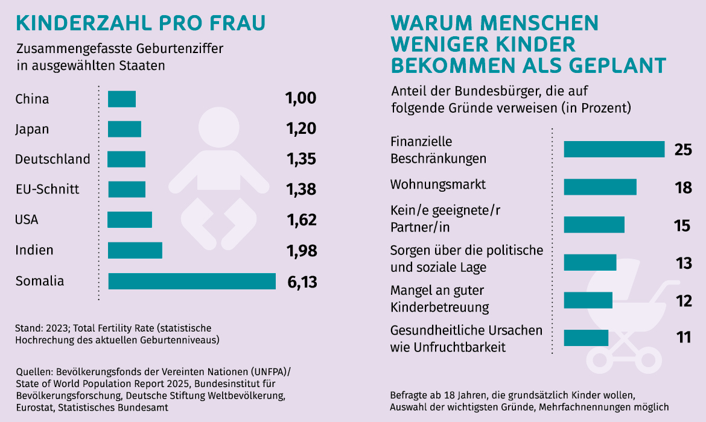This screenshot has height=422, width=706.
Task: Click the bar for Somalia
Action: coord(192,281)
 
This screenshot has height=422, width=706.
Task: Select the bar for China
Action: coord(122,99)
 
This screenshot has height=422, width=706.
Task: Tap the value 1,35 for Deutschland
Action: coord(302,159)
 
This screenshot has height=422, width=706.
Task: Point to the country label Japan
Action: coord(32,129)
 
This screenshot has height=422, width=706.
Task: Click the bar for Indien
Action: coord(135,250)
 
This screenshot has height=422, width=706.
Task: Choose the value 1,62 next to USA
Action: coord(302,219)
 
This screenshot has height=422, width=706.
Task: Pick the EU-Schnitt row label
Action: coord(47,189)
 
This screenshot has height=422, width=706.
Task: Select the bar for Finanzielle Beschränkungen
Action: coord(614,150)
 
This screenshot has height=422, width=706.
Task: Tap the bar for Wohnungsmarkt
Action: coord(600,187)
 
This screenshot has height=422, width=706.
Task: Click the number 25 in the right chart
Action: coord(682,150)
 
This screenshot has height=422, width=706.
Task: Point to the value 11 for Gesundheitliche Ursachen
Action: coord(683,337)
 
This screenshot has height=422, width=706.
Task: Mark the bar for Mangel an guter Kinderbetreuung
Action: coord(588,300)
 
